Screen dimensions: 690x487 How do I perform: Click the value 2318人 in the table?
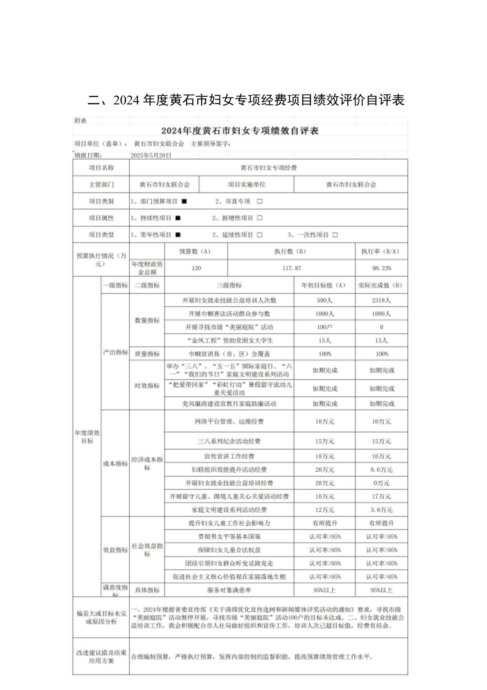pos(381,300)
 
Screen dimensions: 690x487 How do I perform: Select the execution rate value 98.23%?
pos(381,268)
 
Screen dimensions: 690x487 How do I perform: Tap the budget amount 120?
pos(196,268)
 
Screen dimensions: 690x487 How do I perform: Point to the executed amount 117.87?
pos(291,268)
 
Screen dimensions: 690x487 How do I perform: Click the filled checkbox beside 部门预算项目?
pos(184,201)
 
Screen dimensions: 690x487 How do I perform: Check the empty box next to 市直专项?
pos(259,201)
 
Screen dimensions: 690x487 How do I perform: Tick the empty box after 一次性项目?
pos(335,235)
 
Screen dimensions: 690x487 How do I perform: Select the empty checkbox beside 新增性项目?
pos(259,218)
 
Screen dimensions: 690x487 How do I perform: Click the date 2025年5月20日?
pos(151,155)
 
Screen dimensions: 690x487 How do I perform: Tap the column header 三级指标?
pos(229,285)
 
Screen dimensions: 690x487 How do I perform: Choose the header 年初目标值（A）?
pos(324,285)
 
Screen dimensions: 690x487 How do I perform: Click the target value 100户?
pos(324,327)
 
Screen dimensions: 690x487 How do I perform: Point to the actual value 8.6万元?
pos(381,469)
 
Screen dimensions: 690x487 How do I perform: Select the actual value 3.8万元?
pos(381,510)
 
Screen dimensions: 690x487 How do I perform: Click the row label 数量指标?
pos(147,320)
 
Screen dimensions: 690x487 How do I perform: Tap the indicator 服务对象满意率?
pos(229,590)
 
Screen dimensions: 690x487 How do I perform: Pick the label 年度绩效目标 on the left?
pos(87,437)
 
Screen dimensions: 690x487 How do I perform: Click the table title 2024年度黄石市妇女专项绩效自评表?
pos(240,131)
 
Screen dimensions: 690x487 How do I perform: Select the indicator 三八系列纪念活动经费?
pos(229,441)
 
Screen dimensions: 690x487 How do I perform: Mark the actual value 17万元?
pos(381,496)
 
